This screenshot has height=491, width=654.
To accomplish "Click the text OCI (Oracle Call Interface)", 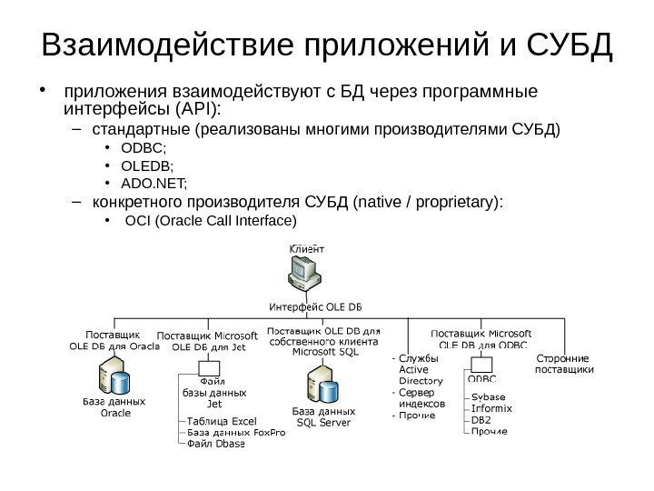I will coord(210,221).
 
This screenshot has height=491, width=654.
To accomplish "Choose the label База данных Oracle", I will coord(114,406).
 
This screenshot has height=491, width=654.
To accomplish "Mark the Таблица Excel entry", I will coord(222,421).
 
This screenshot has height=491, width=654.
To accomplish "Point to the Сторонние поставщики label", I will coord(564,364).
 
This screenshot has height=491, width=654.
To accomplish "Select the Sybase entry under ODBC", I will coord(489,397).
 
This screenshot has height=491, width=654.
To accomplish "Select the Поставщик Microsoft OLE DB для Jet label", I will coord(209,340).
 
